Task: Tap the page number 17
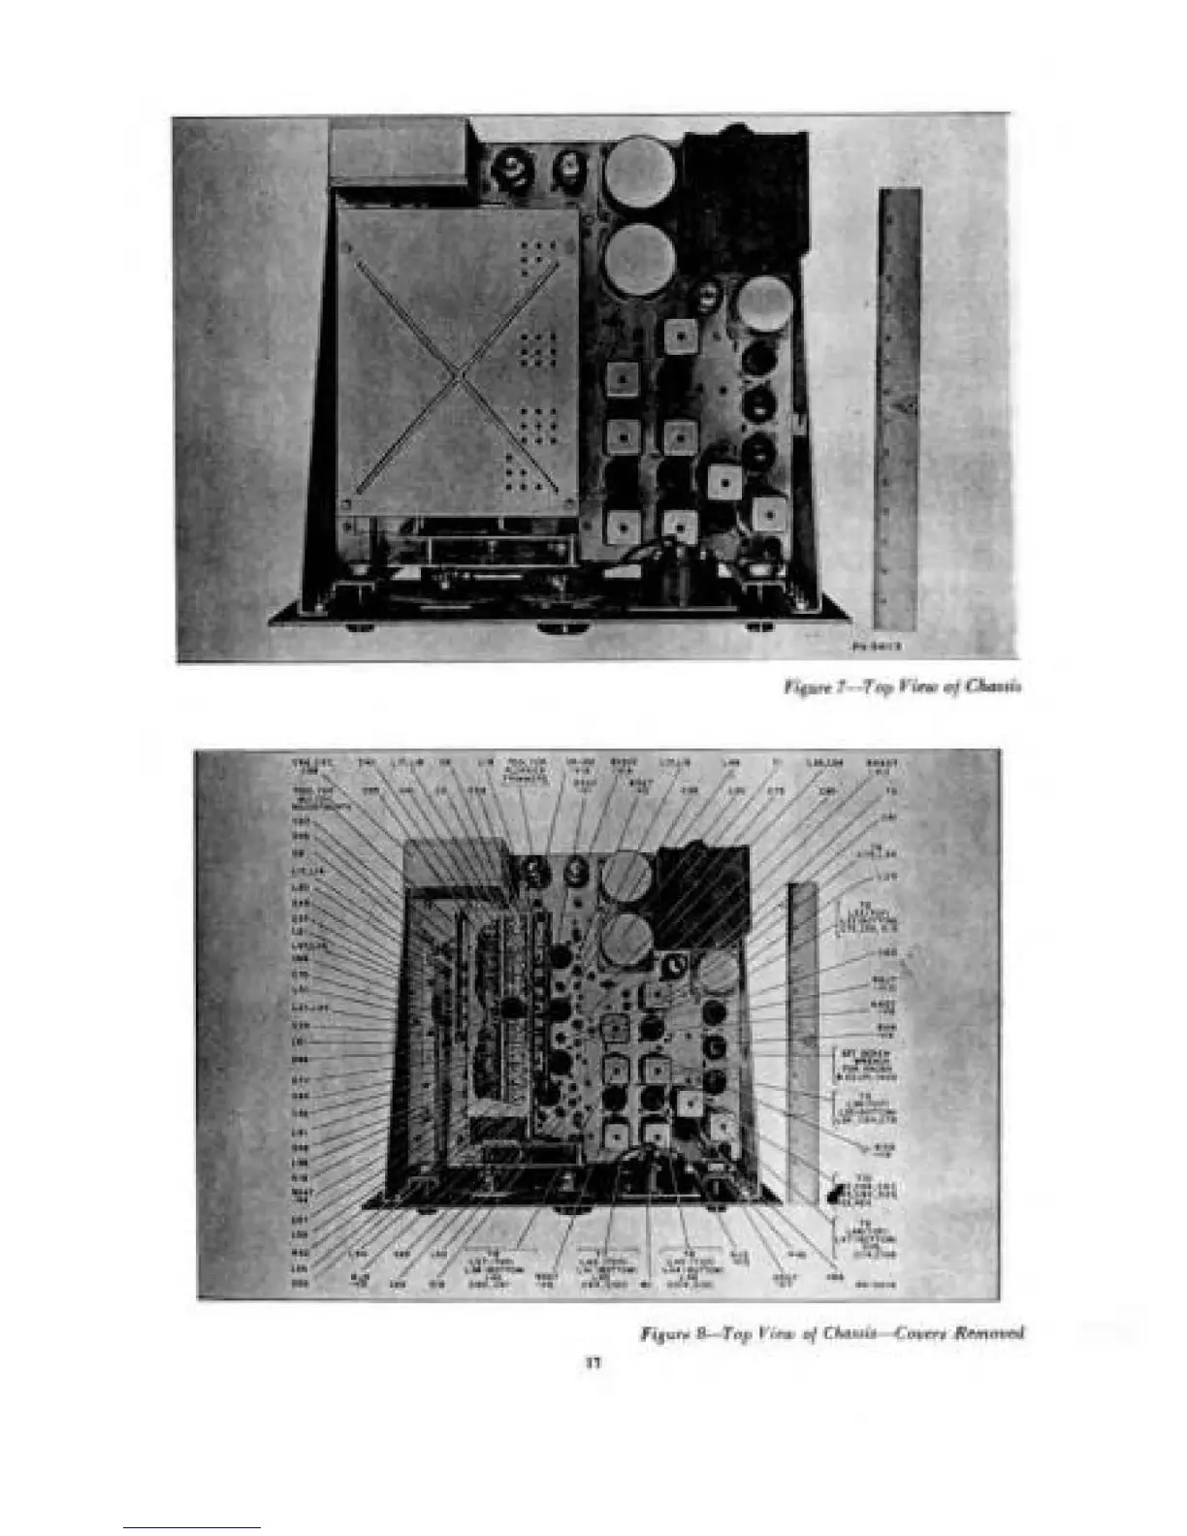coord(593,1362)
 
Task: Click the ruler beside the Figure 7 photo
coord(899,407)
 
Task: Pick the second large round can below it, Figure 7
coord(639,258)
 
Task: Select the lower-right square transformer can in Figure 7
coord(767,516)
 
